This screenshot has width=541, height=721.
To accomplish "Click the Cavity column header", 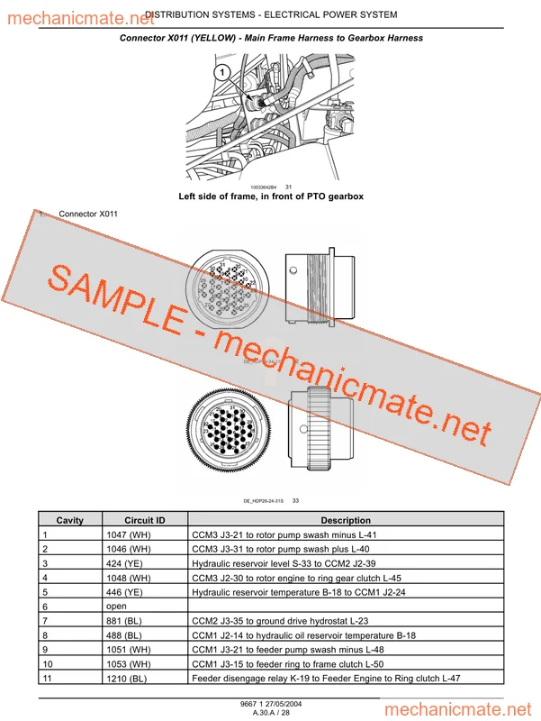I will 69,520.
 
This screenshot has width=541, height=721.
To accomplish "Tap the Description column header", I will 346,520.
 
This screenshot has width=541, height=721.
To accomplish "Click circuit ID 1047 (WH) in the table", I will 129,534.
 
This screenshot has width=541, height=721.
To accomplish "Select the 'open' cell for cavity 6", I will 116,607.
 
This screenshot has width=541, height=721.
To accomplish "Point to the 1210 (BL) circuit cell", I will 127,679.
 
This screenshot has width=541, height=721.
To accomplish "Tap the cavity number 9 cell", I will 45,650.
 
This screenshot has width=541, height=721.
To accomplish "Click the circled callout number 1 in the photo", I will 219,70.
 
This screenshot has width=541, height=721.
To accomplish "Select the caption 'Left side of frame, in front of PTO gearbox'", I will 271,196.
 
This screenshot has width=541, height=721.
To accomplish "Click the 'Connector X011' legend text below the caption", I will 88,214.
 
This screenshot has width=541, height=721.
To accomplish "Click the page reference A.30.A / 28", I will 271,713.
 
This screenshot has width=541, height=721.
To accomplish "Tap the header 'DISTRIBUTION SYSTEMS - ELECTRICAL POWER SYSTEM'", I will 270,14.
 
